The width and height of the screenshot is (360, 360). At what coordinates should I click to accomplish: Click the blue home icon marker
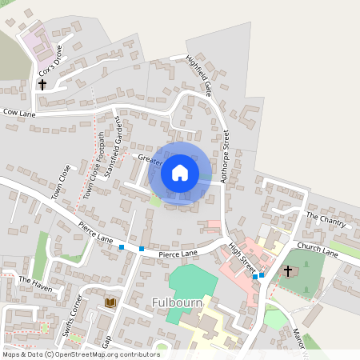[x=180, y=172]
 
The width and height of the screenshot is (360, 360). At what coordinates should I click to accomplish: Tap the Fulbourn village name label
[x=174, y=303]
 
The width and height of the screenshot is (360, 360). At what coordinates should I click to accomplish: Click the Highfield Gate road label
[x=198, y=74]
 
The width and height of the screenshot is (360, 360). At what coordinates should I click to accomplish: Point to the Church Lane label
[x=318, y=250]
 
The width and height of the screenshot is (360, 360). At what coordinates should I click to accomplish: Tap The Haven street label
[x=35, y=282]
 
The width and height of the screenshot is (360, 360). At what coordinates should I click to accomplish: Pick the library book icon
[x=110, y=302]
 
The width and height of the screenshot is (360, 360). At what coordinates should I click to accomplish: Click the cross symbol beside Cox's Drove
[x=42, y=82]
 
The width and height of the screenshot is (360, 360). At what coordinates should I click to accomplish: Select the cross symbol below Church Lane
[x=287, y=271]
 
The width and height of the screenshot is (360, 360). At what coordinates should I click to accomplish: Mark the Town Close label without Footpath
[x=62, y=182]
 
